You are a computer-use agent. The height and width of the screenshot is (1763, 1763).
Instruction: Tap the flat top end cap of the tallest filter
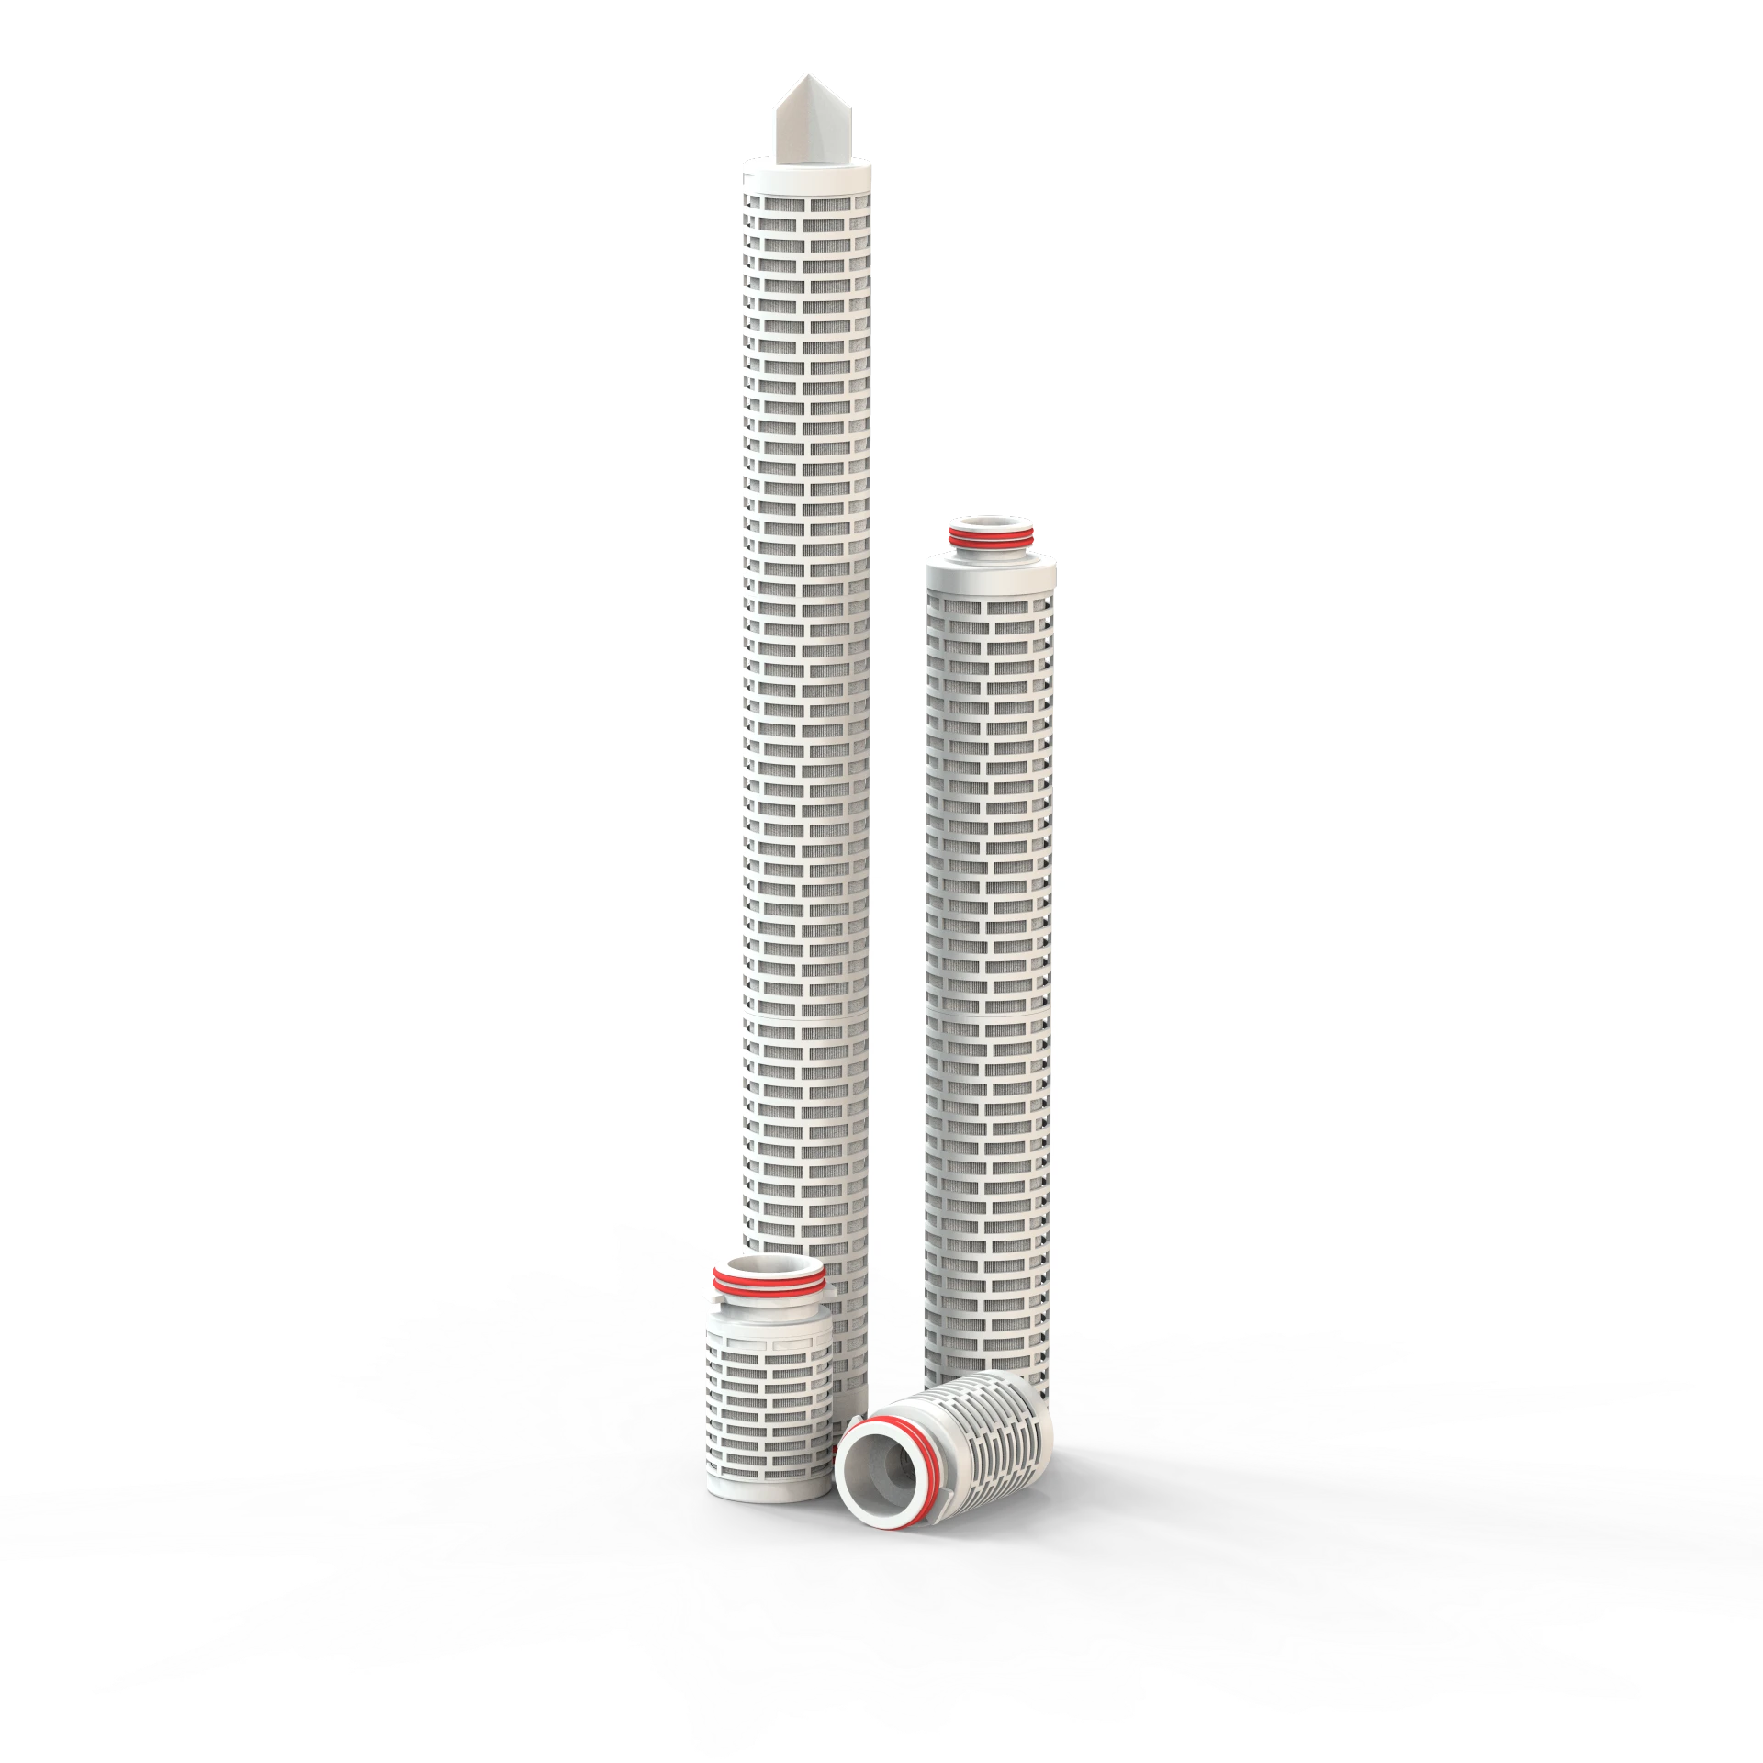807,174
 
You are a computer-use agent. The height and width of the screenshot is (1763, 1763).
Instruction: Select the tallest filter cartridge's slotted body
806,643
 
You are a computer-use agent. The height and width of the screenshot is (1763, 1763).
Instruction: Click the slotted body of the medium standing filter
990,918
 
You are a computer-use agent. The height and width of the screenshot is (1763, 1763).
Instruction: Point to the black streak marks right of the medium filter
1469,918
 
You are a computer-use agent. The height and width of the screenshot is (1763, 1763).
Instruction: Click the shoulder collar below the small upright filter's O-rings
768,1298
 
